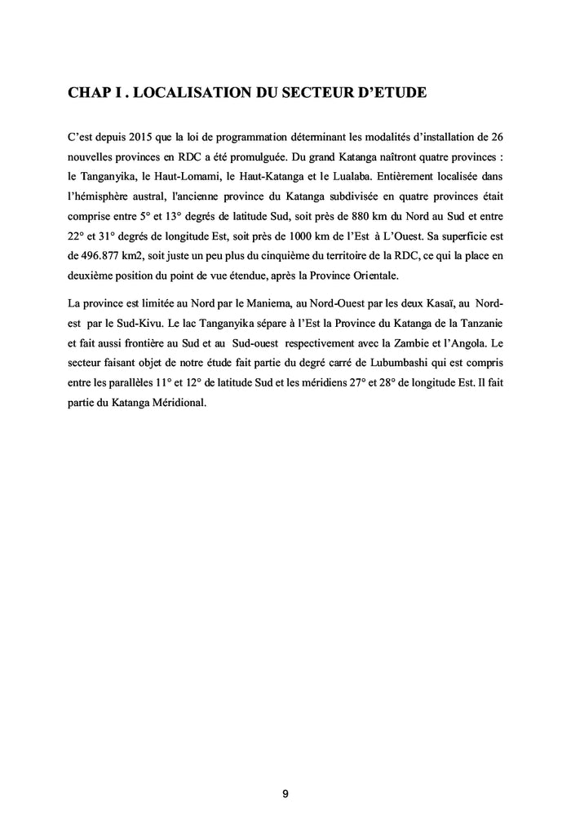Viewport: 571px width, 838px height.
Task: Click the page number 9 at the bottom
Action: pyautogui.click(x=285, y=795)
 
